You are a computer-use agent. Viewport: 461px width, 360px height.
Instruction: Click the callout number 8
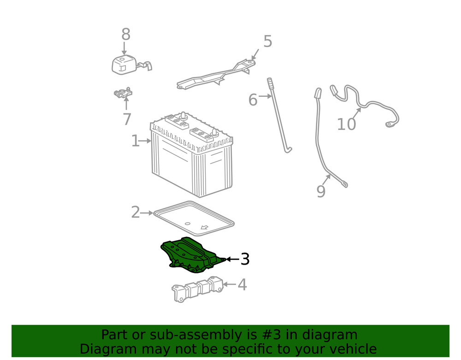coord(126,35)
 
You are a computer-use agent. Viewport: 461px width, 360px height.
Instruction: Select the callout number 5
coord(267,41)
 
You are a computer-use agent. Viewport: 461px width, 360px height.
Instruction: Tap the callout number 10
coord(346,124)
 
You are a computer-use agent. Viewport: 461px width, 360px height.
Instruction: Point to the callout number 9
coord(321,191)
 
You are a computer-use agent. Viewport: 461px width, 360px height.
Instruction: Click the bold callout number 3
coord(245,259)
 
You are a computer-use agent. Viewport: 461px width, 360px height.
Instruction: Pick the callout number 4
coord(242,285)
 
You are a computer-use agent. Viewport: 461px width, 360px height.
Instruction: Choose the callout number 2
coord(135,212)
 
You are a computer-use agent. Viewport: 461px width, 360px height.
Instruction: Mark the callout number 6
coord(253,100)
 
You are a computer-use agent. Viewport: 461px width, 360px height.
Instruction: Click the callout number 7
coord(127,119)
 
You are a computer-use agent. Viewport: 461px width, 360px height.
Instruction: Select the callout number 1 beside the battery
coord(135,141)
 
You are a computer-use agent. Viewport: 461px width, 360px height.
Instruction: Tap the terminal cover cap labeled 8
coord(124,64)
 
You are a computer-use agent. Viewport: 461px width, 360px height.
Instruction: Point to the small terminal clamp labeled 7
coord(123,94)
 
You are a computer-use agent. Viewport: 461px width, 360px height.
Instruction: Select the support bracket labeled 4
coord(198,289)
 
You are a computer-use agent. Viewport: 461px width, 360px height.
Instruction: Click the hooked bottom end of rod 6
coord(288,149)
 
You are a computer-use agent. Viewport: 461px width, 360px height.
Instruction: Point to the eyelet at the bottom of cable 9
coord(344,185)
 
